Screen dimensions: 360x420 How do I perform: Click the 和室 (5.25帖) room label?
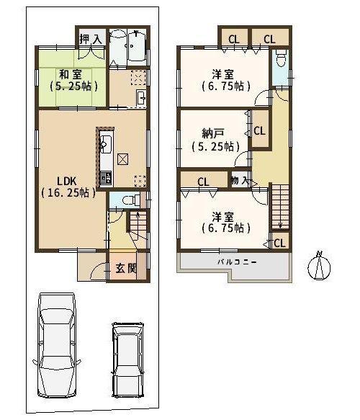point(73,80)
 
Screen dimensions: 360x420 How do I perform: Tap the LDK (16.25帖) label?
point(68,187)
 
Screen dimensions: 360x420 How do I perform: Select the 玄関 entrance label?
point(126,268)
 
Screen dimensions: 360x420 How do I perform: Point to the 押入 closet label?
point(91,39)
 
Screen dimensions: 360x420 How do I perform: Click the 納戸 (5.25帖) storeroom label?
point(215,140)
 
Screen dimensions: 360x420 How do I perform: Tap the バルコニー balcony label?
point(237,262)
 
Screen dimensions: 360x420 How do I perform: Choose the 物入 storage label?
point(240,180)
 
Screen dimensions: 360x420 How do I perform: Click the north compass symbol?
point(319,266)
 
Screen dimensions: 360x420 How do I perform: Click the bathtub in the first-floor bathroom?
point(137,48)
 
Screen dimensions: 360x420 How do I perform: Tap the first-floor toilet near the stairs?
point(130,200)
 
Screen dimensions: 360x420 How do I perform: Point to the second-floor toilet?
point(281,58)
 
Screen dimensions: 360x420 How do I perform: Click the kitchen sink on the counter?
point(106,142)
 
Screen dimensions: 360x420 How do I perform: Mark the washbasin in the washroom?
point(141,98)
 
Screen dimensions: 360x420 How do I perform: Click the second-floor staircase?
point(280,207)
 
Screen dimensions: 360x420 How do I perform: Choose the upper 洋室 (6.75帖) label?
point(226,80)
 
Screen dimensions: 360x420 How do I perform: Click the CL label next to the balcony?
point(279,243)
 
